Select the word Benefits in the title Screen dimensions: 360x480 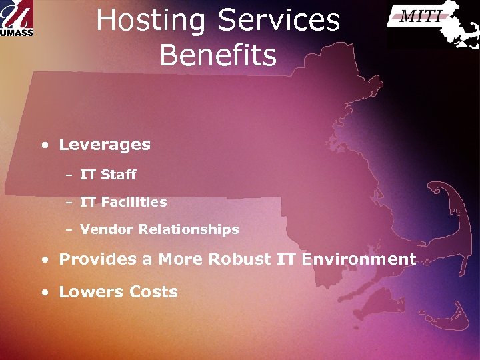tap(218, 55)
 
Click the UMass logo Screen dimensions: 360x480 tap(16, 19)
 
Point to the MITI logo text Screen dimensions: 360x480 tap(421, 17)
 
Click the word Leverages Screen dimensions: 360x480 tap(105, 145)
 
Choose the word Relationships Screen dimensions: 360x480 tap(189, 229)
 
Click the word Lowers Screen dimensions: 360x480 tap(91, 291)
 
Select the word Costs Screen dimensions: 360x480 tap(154, 291)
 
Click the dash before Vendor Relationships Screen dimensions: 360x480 tap(69, 230)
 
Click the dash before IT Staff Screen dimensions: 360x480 tap(69, 175)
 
